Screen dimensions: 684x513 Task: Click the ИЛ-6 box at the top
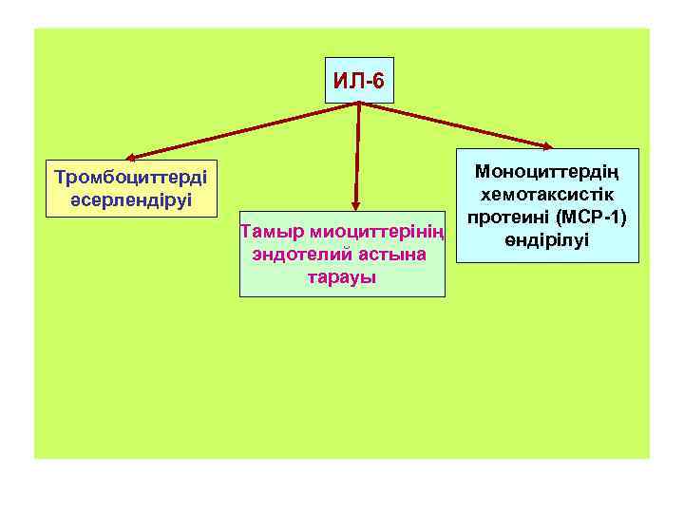point(359,82)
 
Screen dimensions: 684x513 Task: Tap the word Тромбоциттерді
point(134,178)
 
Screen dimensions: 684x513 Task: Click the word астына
point(391,256)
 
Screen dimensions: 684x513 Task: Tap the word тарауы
point(342,277)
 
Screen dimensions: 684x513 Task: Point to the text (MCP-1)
point(592,218)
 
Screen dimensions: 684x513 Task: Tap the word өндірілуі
point(547,239)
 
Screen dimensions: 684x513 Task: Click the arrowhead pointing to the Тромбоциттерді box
point(131,157)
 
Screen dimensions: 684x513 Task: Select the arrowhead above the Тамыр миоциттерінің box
point(356,201)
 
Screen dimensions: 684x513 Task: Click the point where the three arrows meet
point(359,102)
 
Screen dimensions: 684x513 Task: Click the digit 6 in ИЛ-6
point(379,82)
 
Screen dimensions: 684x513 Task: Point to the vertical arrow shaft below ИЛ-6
point(358,152)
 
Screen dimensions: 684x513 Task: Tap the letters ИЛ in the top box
point(348,82)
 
